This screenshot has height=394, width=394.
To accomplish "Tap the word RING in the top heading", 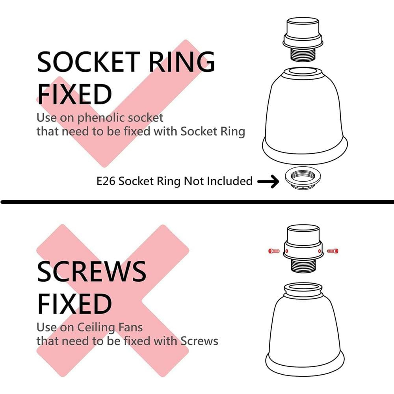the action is coord(182,61).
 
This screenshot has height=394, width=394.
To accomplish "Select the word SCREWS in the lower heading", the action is coord(91,271).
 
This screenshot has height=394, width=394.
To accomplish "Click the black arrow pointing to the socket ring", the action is coord(268,181).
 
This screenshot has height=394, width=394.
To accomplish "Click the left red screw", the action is coord(274,251).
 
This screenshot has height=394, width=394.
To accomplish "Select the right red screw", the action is coord(333,251).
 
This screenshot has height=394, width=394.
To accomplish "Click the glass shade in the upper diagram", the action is coord(305,115).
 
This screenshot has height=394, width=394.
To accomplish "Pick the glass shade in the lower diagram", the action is coord(305,329).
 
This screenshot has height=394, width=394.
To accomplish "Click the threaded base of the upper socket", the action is coord(303,54).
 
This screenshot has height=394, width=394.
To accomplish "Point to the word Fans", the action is coord(130,327).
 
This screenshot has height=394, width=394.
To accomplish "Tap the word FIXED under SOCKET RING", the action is coord(74,94).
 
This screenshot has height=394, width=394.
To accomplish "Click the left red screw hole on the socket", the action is coord(287,251).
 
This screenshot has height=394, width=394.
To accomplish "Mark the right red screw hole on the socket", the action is coord(320,251).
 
